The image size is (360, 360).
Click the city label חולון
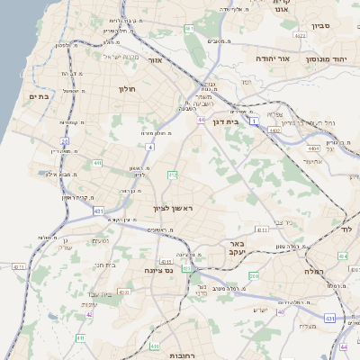coord(126,89)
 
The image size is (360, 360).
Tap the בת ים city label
coord(39,96)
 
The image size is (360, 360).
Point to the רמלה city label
coord(312,270)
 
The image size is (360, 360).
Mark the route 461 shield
coord(190,29)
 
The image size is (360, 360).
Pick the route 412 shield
coord(173,175)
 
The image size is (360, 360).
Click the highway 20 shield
coord(64,141)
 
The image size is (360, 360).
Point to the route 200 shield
coord(254,276)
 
